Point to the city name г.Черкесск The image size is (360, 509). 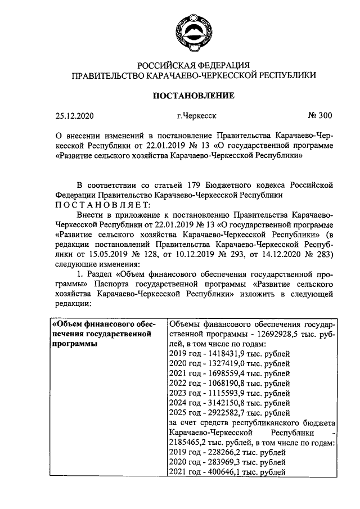196,116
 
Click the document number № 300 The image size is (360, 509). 319,116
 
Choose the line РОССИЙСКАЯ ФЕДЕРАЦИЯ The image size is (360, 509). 193,64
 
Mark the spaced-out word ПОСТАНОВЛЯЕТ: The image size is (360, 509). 102,204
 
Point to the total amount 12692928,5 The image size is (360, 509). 267,334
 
